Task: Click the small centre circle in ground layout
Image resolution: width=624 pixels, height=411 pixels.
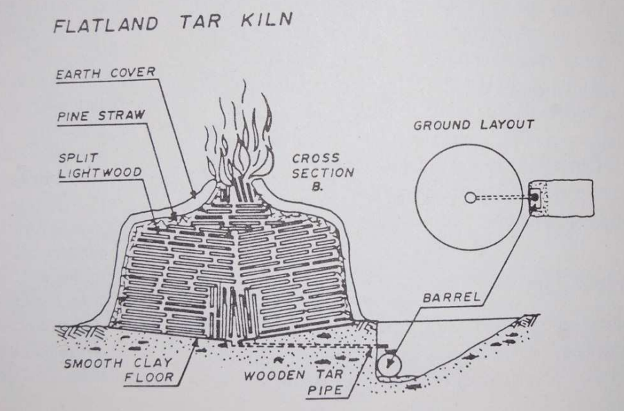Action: pyautogui.click(x=471, y=198)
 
